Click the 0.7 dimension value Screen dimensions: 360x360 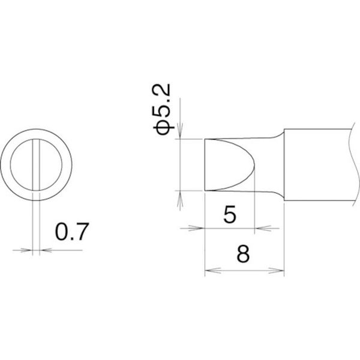click(x=72, y=232)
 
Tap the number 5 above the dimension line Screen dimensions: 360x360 click(x=229, y=214)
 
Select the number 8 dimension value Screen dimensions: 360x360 click(x=243, y=254)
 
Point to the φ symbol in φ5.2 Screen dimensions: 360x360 click(x=162, y=127)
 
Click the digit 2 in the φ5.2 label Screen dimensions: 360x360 click(x=162, y=90)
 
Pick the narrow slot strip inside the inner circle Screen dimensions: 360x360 click(x=36, y=164)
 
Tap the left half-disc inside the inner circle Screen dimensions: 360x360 click(x=22, y=164)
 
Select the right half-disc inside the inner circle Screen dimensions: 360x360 click(x=51, y=164)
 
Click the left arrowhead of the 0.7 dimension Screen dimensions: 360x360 click(x=26, y=250)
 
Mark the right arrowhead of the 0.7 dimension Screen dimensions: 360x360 click(x=46, y=250)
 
